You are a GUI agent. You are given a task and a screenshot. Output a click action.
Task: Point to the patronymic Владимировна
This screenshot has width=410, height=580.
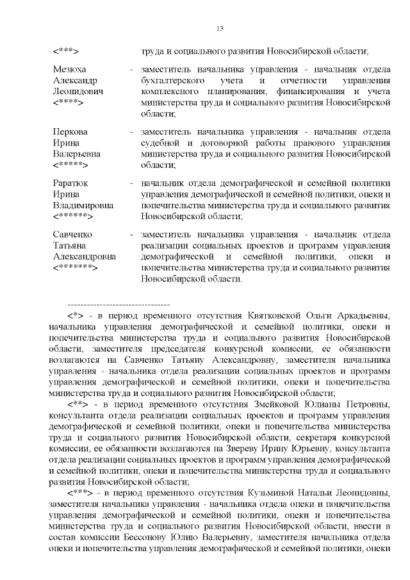(x=83, y=206)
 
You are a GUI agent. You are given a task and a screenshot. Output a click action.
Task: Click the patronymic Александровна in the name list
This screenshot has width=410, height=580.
(x=84, y=256)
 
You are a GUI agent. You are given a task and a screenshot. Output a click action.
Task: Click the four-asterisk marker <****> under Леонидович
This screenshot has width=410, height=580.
(x=69, y=103)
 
